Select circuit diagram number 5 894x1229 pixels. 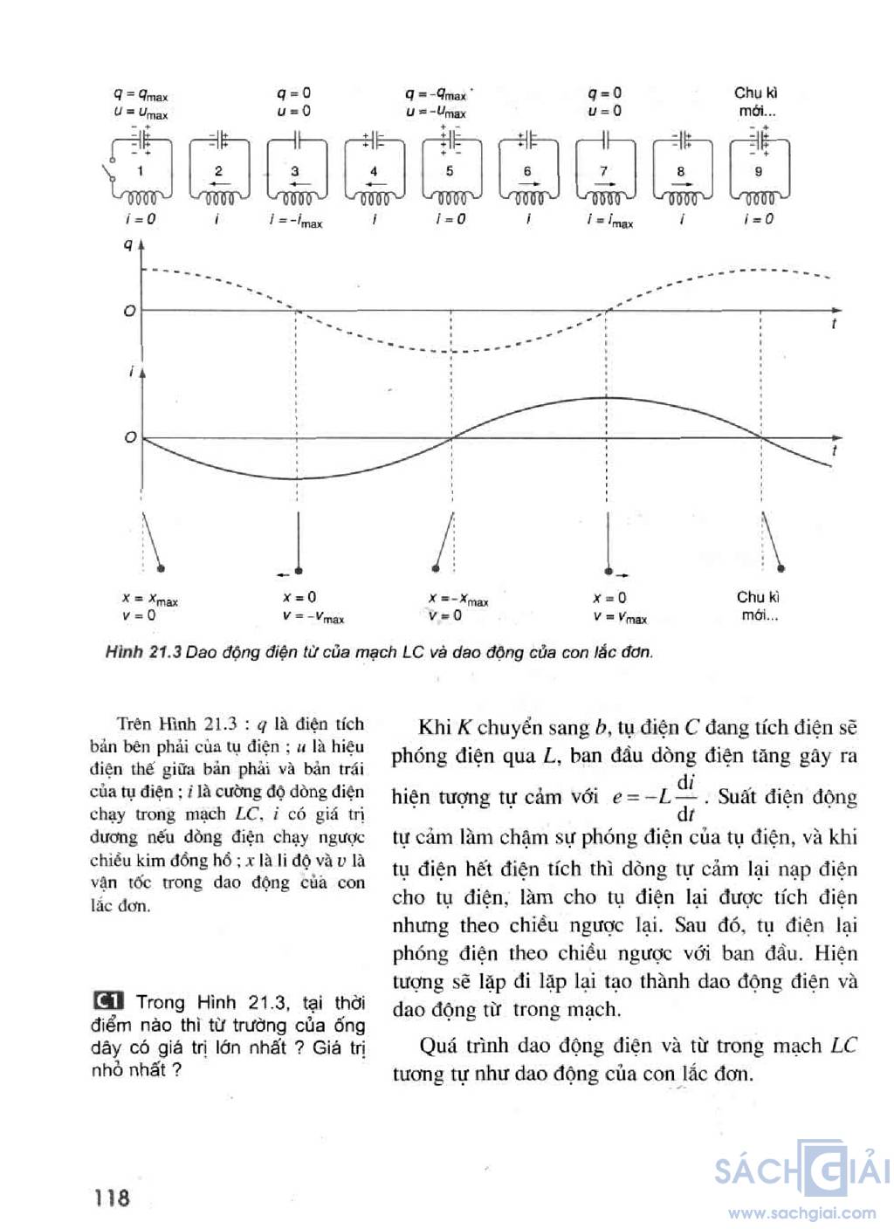point(450,170)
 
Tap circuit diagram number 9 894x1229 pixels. point(758,170)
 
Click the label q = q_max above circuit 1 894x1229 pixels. point(141,94)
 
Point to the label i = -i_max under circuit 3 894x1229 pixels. point(295,222)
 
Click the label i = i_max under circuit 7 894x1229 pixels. point(609,222)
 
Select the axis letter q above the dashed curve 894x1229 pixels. point(128,245)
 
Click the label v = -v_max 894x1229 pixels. point(313,617)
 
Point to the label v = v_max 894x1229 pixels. point(620,617)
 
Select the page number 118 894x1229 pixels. point(112,1197)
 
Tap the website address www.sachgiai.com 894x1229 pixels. point(801,1212)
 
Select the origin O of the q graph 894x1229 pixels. point(130,312)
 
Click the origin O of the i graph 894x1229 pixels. point(130,437)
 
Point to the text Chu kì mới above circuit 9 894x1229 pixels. point(756,101)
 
